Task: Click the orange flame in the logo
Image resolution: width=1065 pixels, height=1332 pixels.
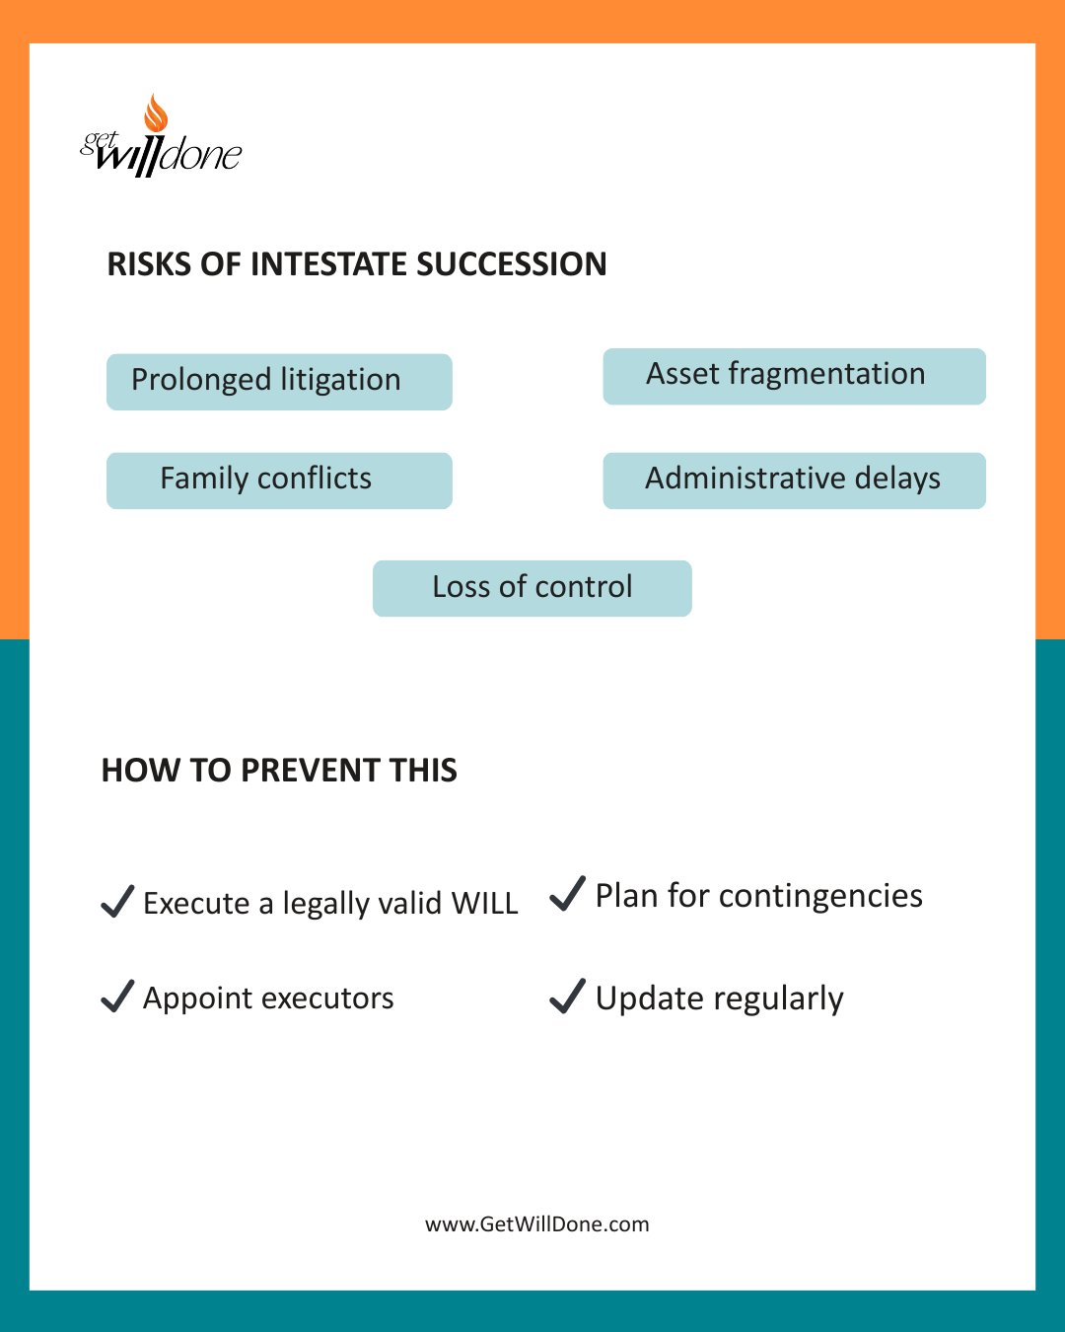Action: point(156,113)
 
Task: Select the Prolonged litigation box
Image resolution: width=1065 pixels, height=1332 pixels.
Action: point(279,382)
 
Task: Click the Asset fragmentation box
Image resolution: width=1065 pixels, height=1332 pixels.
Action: point(794,376)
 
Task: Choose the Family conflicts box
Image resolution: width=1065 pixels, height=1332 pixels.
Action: point(279,481)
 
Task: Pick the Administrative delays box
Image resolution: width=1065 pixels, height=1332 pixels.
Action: point(794,481)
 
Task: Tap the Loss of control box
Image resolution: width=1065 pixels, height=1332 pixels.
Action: point(532,588)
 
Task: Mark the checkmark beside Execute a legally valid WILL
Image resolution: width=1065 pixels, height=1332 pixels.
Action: point(117,902)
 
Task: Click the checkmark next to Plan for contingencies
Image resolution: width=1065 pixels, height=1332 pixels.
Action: point(567,894)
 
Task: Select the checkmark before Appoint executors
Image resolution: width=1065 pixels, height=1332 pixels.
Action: point(117,997)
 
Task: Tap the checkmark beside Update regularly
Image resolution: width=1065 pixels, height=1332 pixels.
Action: point(567,997)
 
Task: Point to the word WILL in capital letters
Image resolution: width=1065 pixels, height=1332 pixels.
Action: point(484,903)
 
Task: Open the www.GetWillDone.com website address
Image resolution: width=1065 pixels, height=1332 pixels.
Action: point(536,1224)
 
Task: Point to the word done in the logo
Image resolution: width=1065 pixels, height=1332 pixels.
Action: point(201,155)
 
